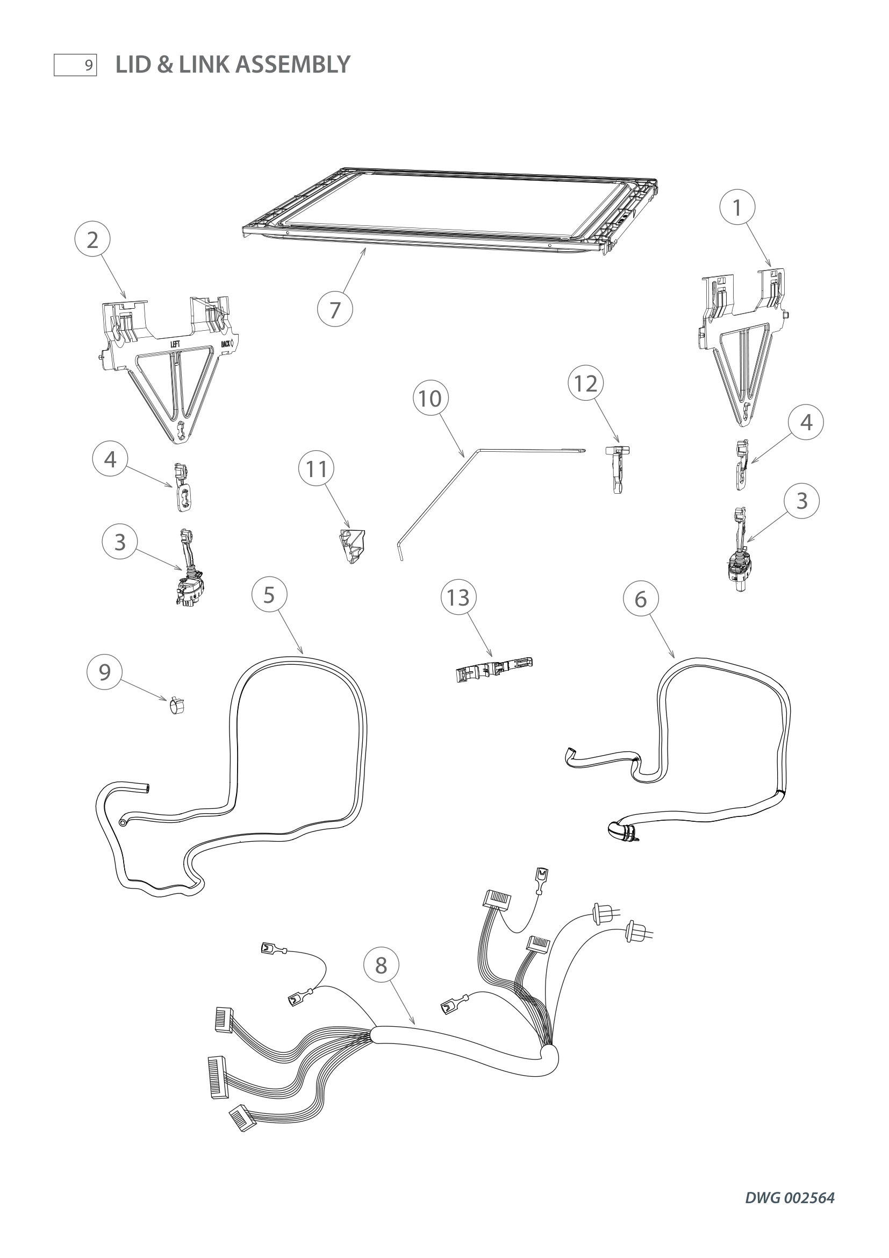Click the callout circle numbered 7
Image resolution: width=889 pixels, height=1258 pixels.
[x=334, y=310]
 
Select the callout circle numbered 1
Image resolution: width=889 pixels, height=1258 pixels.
[x=737, y=208]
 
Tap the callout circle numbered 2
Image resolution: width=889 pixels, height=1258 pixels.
[x=92, y=239]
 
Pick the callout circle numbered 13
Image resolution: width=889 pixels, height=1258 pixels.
[x=458, y=597]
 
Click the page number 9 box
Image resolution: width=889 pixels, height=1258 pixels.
[x=75, y=65]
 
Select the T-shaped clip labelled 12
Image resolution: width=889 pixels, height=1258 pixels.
[x=618, y=467]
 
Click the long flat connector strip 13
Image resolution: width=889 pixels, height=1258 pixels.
[x=494, y=670]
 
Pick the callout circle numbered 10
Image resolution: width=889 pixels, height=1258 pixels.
[x=431, y=399]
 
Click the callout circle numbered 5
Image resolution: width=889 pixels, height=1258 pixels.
[x=269, y=594]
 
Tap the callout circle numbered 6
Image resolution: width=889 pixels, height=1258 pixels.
[x=641, y=599]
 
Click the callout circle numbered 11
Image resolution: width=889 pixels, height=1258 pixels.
[x=317, y=469]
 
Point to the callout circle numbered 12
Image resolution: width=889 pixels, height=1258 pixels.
[x=585, y=383]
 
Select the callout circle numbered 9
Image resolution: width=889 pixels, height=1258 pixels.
[x=104, y=671]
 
